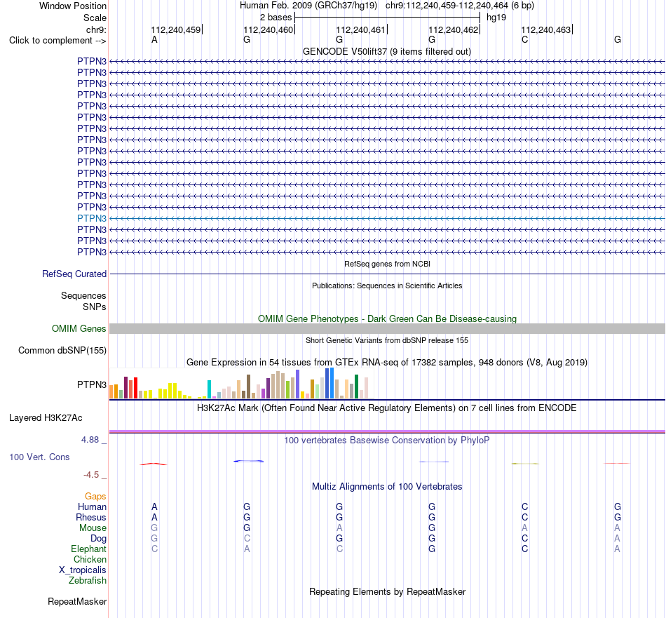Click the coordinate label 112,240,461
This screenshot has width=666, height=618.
click(360, 29)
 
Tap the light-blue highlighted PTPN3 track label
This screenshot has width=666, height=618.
click(92, 218)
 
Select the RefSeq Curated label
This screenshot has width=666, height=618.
click(74, 274)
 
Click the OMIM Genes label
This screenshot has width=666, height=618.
click(79, 328)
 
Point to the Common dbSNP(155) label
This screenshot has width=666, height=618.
click(62, 351)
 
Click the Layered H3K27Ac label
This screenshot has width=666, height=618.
click(46, 418)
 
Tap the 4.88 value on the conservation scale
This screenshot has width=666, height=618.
click(90, 440)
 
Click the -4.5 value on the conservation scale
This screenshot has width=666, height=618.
click(91, 475)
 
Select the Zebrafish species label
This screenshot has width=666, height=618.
click(88, 581)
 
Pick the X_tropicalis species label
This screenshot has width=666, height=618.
click(83, 570)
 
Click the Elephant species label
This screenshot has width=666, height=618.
click(88, 549)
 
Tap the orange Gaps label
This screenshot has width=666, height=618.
click(95, 497)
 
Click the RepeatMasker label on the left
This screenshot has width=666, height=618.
click(77, 601)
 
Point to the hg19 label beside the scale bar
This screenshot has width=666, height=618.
click(496, 18)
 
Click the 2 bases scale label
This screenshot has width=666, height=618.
click(276, 18)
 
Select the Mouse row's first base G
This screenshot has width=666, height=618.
click(154, 528)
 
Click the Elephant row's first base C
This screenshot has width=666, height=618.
click(155, 549)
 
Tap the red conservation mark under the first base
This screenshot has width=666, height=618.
click(154, 464)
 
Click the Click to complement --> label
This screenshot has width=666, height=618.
click(57, 41)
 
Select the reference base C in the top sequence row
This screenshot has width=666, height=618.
click(524, 39)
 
